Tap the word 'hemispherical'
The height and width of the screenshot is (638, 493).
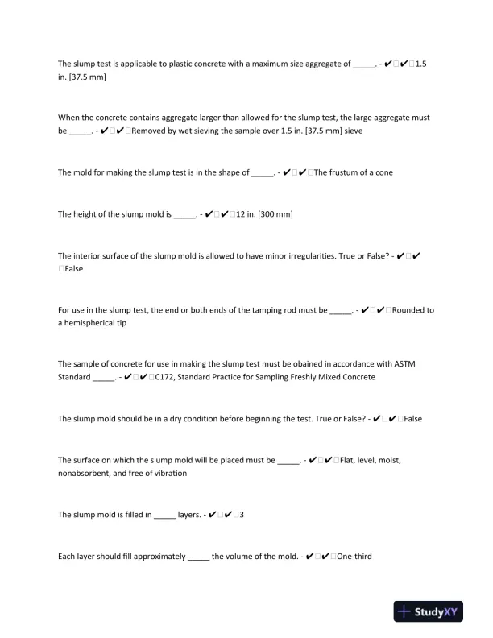[106, 322]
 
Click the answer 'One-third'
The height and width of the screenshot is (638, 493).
[354, 556]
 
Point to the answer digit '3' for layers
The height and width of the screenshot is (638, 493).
[242, 514]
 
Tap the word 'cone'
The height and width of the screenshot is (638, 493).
[383, 172]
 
